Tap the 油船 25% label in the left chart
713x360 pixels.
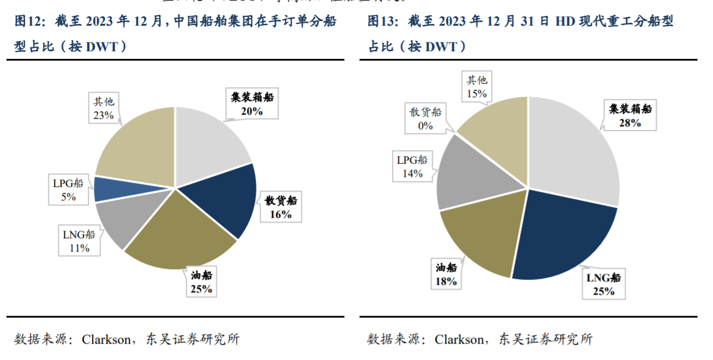coord(201,281)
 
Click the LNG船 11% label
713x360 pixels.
coord(79,241)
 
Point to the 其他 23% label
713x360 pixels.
coord(103,108)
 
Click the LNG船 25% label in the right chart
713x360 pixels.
coord(603,284)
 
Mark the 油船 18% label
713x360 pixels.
coord(446,274)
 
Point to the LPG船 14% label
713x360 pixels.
coord(411,166)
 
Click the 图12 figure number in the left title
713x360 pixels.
coord(29,22)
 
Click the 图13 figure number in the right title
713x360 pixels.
coord(382,22)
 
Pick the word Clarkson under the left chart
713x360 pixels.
coord(106,339)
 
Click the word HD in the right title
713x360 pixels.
coord(564,22)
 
